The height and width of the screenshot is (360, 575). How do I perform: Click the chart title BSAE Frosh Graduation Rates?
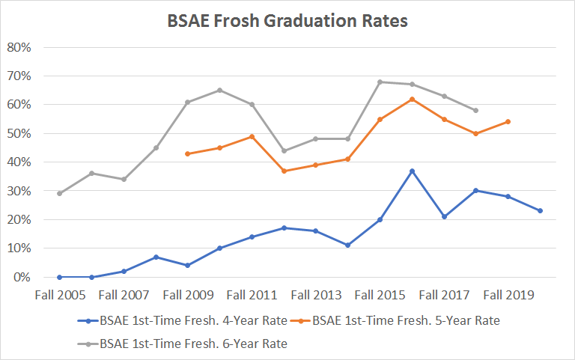[287, 21]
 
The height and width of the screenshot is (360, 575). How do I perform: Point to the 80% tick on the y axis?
[18, 47]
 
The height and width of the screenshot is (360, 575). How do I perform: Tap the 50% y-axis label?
[18, 133]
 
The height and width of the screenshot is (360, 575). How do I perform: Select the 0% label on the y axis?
[21, 277]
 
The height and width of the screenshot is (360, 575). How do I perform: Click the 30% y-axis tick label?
[18, 191]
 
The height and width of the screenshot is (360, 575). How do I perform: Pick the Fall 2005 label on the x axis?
[59, 295]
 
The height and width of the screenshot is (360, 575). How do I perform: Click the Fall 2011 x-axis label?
[252, 295]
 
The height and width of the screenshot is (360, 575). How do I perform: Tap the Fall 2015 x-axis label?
[380, 295]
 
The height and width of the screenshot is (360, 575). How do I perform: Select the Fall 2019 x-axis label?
[508, 295]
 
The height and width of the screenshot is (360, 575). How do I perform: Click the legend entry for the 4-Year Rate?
[183, 320]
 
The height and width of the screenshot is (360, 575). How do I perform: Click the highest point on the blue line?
[412, 171]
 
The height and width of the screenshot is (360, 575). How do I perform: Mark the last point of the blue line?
[540, 211]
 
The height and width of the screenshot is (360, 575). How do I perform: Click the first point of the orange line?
[187, 153]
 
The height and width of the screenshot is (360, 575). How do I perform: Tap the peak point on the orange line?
[412, 99]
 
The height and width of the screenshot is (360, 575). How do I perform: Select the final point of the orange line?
[508, 121]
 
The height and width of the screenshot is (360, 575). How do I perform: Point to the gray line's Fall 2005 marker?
[59, 193]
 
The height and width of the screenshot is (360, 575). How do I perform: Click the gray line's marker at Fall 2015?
[380, 82]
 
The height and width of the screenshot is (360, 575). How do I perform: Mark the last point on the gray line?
[475, 110]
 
